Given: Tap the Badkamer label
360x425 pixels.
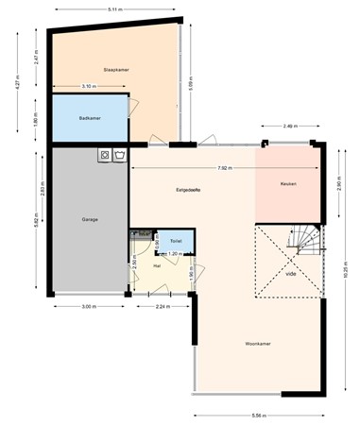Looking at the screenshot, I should [x=89, y=118].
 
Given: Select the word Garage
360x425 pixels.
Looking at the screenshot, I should [x=89, y=219].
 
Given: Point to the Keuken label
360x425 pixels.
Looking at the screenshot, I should [x=288, y=184].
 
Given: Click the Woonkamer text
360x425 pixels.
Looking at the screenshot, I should [x=257, y=343].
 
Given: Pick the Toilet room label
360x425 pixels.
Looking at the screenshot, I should [x=176, y=242].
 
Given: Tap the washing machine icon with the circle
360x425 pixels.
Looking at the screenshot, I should [x=105, y=154].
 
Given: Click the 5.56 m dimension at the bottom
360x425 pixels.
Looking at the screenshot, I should [x=257, y=416].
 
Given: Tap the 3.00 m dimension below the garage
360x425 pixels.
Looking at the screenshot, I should [x=88, y=307].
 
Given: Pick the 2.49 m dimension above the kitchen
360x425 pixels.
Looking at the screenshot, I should [x=288, y=125].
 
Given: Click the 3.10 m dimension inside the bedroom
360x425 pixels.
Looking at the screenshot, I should [x=88, y=86].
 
